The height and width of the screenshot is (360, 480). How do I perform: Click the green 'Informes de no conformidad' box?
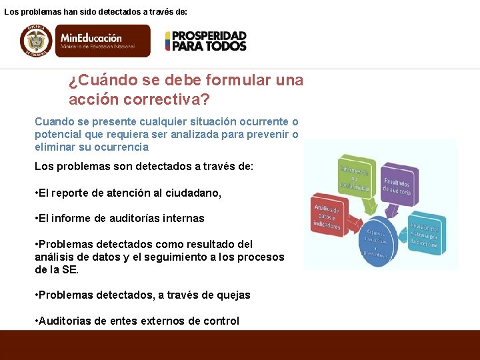coord(354,175)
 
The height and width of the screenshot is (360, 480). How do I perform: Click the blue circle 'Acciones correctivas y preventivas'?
coord(377,241)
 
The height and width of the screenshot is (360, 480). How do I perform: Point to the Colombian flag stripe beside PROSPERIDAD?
coord(169,41)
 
